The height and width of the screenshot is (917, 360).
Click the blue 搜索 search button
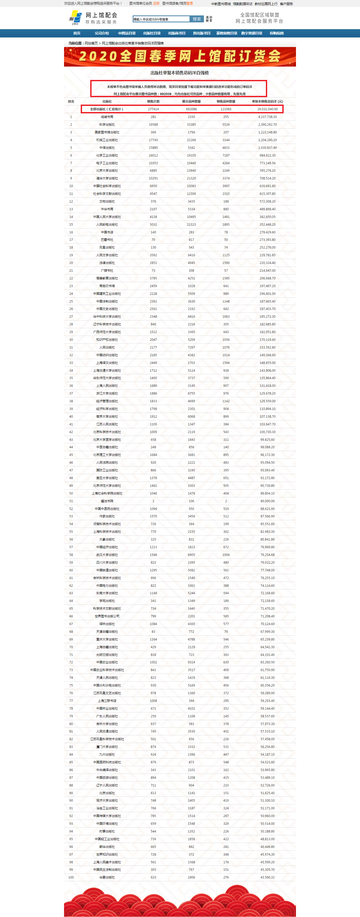click(196, 19)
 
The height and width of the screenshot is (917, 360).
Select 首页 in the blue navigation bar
click(77, 33)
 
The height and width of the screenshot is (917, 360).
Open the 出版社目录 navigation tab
click(152, 33)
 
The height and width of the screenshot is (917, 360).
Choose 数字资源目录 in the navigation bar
click(251, 33)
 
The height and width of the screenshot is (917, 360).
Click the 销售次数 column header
click(153, 102)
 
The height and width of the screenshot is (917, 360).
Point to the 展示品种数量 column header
click(191, 102)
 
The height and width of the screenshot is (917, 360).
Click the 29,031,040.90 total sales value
click(267, 109)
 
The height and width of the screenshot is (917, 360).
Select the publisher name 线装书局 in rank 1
click(107, 117)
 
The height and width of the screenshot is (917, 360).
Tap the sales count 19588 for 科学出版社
click(153, 125)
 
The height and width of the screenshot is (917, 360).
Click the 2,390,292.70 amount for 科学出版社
click(267, 125)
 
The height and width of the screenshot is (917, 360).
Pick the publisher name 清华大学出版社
click(107, 178)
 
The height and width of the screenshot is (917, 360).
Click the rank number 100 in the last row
click(71, 877)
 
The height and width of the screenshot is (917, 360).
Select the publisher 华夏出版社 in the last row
click(107, 877)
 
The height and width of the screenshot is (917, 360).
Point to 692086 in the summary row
click(191, 109)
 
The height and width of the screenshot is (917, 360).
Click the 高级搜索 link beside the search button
click(209, 19)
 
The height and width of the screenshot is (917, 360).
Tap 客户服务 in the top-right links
click(286, 4)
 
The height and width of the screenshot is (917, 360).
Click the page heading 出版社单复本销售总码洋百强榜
click(179, 73)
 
